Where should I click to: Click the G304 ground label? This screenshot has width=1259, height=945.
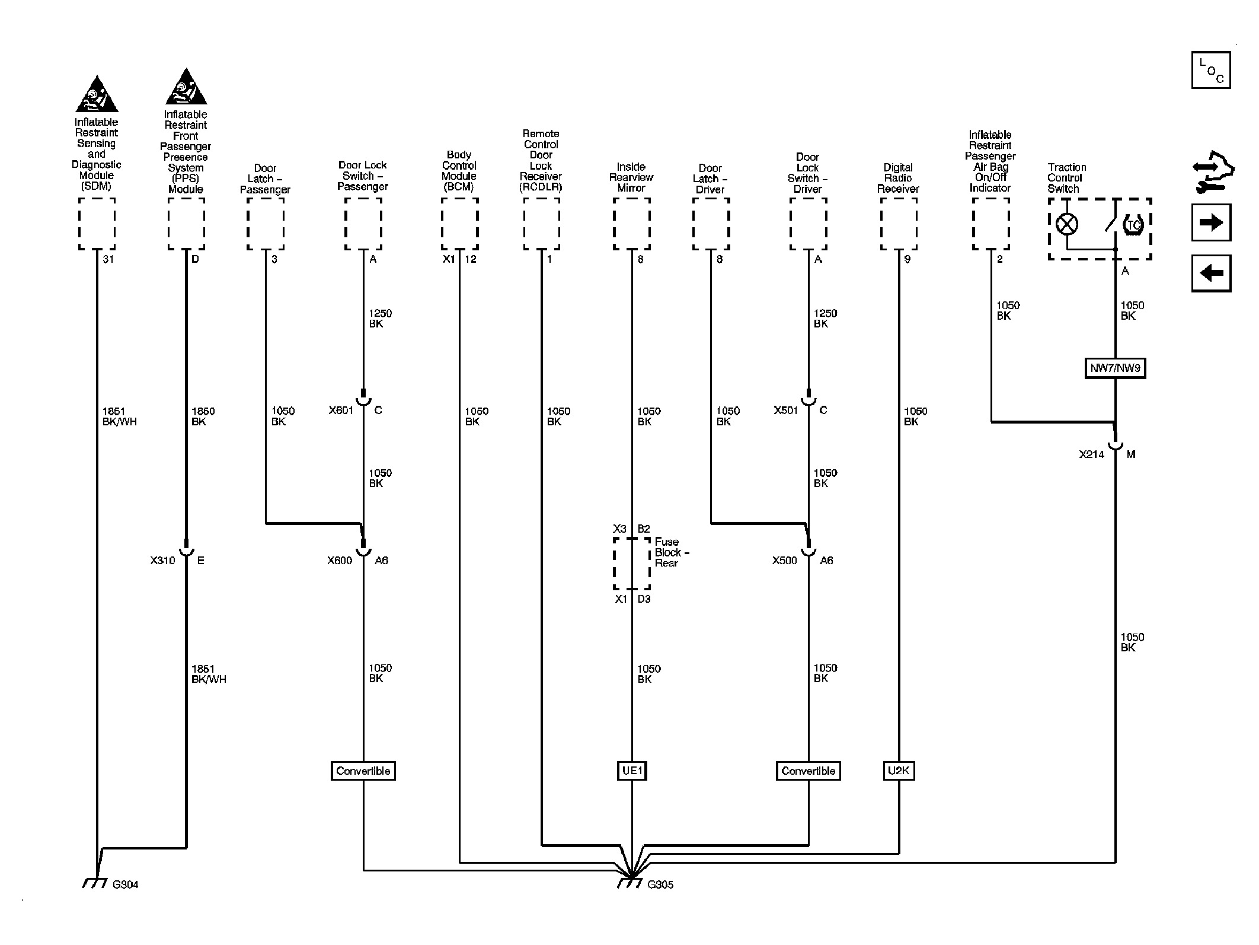click(125, 884)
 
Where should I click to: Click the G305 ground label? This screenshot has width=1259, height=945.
click(660, 884)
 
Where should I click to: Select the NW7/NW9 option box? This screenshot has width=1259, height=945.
click(1115, 368)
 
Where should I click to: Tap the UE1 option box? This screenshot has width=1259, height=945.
click(632, 771)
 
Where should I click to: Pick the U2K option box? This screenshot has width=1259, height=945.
click(899, 771)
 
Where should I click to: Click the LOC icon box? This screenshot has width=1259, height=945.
click(1211, 70)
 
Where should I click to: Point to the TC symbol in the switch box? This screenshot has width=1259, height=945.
click(1133, 225)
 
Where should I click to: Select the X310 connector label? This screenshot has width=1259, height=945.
click(162, 561)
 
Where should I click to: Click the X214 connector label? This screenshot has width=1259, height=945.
click(1091, 454)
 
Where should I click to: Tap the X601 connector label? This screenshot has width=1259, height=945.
click(341, 410)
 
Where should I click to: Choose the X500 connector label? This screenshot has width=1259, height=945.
click(784, 561)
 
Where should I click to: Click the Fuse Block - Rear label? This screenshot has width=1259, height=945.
click(672, 552)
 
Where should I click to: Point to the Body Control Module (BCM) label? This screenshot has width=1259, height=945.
click(459, 171)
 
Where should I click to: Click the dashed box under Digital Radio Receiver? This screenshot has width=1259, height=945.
click(899, 224)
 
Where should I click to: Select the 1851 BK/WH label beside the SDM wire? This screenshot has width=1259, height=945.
click(119, 416)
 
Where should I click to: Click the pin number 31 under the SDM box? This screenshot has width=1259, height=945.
click(108, 259)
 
